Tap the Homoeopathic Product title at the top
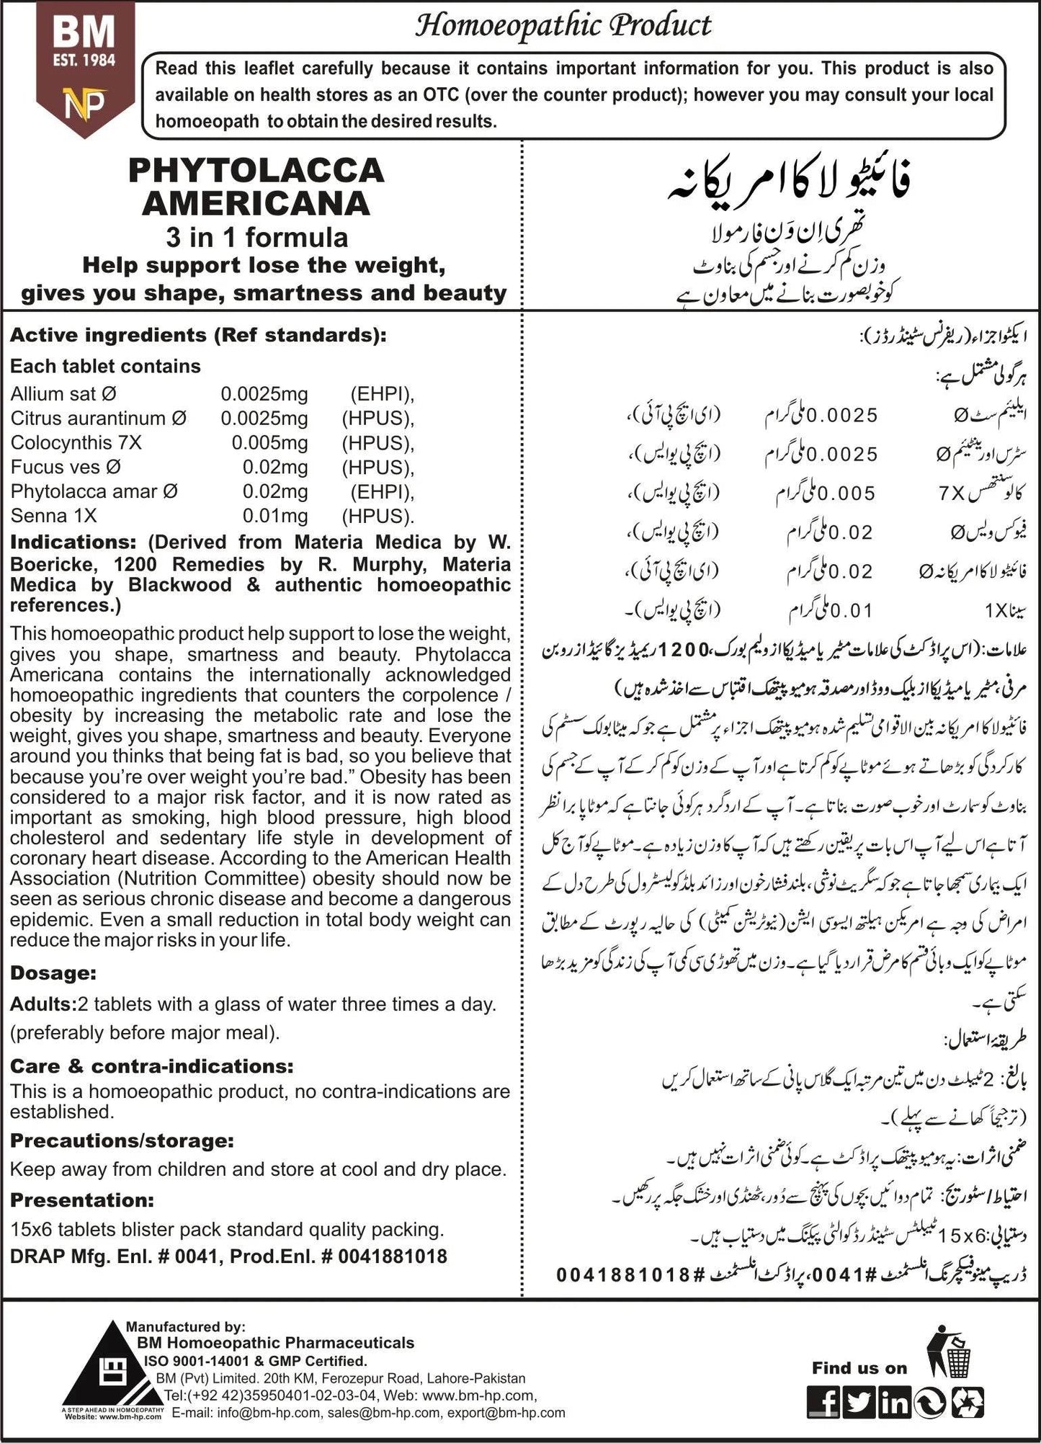point(563,27)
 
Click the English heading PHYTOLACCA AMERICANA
point(256,187)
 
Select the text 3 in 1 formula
point(256,238)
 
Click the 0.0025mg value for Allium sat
point(264,394)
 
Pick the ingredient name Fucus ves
point(66,468)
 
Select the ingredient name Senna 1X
point(53,516)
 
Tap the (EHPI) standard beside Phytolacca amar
point(382,492)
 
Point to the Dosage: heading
point(53,973)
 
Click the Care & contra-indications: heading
point(152,1066)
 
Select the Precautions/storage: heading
point(122,1141)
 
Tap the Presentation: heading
point(82,1200)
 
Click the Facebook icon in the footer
point(823,1403)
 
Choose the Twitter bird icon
point(859,1403)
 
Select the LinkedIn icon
point(895,1403)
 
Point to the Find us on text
point(859,1368)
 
